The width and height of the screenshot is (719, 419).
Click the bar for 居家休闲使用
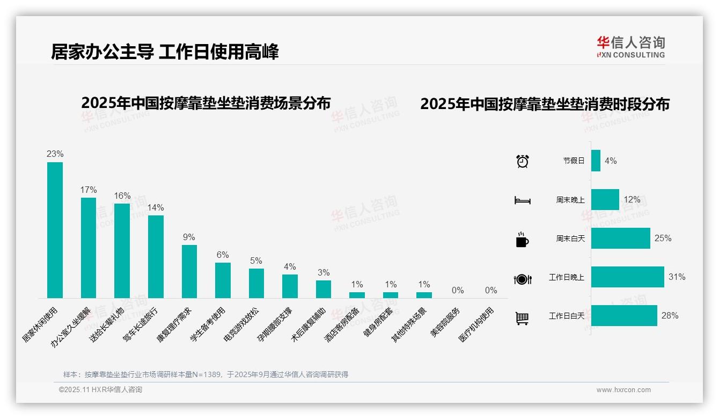click(x=55, y=230)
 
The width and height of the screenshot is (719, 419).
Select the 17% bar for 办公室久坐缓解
click(x=89, y=248)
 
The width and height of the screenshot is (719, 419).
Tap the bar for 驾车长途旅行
click(x=156, y=257)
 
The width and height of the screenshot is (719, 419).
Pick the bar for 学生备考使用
click(x=223, y=280)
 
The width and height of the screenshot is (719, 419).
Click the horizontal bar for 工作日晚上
click(x=627, y=277)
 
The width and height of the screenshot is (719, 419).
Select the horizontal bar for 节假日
click(x=596, y=161)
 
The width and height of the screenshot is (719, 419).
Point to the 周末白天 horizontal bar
click(x=620, y=239)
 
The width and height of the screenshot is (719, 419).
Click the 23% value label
click(x=55, y=154)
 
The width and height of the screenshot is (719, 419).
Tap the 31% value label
click(x=677, y=277)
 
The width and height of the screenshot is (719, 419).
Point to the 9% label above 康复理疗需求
click(x=189, y=237)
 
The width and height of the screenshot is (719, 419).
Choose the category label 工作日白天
click(x=566, y=316)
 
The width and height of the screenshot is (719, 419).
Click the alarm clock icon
click(x=522, y=161)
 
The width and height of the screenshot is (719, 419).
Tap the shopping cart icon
click(x=522, y=318)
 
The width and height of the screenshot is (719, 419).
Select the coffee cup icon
click(x=522, y=240)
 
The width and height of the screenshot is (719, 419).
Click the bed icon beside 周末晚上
click(x=522, y=200)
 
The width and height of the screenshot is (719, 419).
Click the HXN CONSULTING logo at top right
click(x=630, y=47)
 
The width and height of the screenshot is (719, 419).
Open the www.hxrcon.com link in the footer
click(x=623, y=390)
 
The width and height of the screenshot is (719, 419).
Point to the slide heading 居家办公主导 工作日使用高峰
click(x=165, y=52)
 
